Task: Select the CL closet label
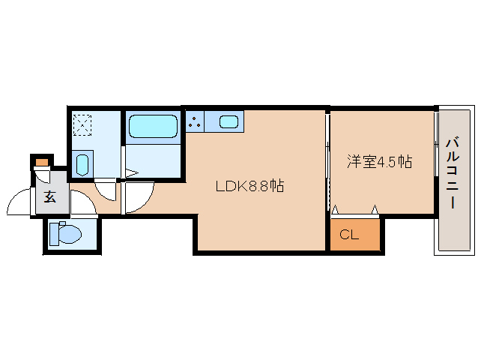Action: pyautogui.click(x=349, y=235)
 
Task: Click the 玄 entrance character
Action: pyautogui.click(x=49, y=198)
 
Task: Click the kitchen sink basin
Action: pyautogui.click(x=229, y=121)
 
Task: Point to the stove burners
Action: pyautogui.click(x=195, y=121)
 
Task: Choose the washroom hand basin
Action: pyautogui.click(x=82, y=163)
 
